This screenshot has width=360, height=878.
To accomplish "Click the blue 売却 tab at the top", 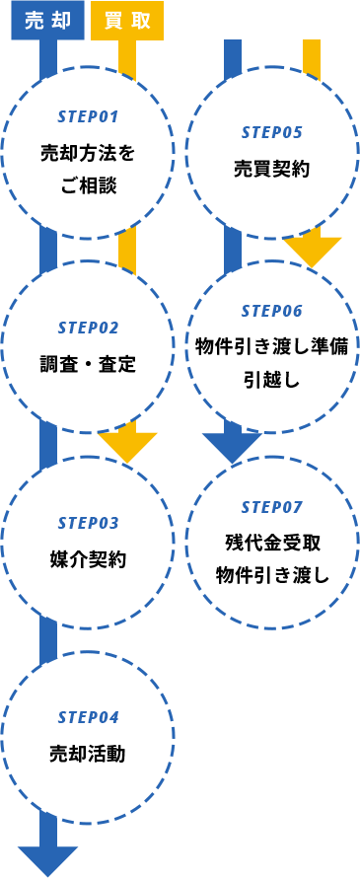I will tap(47, 21).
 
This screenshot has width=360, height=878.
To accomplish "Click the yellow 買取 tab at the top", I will tap(127, 21).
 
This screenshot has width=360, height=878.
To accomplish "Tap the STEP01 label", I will tap(88, 116).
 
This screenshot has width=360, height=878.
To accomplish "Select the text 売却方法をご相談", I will tap(88, 168).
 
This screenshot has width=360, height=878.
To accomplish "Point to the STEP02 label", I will tap(88, 328).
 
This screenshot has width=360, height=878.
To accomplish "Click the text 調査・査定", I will tap(88, 364).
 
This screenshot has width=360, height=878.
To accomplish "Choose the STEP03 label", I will tap(88, 523).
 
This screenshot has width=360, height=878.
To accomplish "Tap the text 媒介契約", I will tap(88, 559).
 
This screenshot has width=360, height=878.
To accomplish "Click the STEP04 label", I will tap(88, 717).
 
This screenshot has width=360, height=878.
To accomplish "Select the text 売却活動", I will tap(88, 754).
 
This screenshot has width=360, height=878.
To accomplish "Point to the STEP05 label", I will tap(271, 132).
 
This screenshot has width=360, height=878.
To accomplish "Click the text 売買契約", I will tap(271, 169).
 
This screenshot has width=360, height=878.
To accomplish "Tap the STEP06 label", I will tap(271, 311).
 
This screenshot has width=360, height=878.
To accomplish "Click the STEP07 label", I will tap(271, 507).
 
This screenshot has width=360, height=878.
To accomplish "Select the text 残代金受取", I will tap(271, 544).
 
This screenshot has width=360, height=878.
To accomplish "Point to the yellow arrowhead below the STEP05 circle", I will tap(312, 252).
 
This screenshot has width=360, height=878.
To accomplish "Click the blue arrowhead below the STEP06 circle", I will tap(233, 446).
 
